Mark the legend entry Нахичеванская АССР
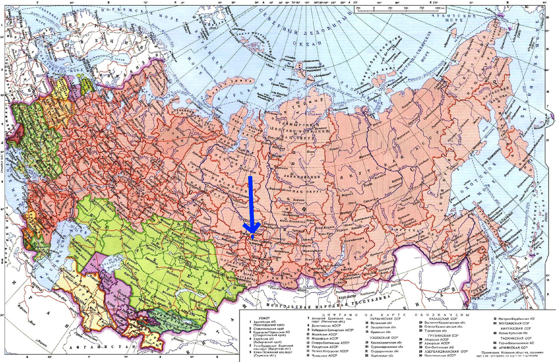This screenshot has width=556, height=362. tap(442, 355)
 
